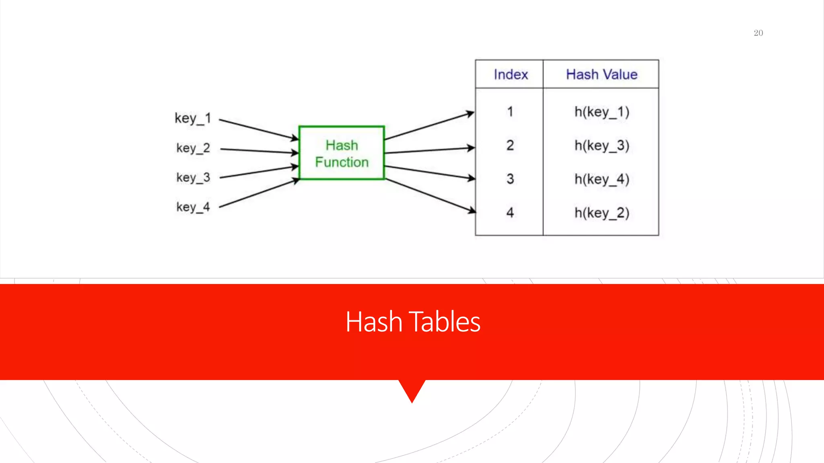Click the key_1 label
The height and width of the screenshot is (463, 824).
click(193, 118)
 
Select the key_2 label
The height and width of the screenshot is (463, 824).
click(193, 148)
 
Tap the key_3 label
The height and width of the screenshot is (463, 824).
click(193, 177)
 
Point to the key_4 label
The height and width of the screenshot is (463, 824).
click(193, 207)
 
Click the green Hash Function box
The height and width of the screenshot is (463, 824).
click(342, 153)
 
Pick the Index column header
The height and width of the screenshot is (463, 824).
click(511, 74)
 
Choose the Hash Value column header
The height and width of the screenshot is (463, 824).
click(602, 74)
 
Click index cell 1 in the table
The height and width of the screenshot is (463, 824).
click(510, 111)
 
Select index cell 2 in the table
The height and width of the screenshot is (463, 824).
click(510, 145)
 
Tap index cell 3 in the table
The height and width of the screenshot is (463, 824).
click(510, 179)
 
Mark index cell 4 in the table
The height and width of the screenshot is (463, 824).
click(510, 212)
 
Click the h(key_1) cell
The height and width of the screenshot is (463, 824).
click(602, 112)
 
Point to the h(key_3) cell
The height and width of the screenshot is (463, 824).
click(602, 145)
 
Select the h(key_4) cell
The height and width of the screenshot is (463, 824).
click(602, 179)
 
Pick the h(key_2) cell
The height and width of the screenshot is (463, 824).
click(602, 213)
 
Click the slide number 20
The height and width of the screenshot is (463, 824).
click(758, 33)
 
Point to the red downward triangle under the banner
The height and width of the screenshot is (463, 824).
click(412, 389)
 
